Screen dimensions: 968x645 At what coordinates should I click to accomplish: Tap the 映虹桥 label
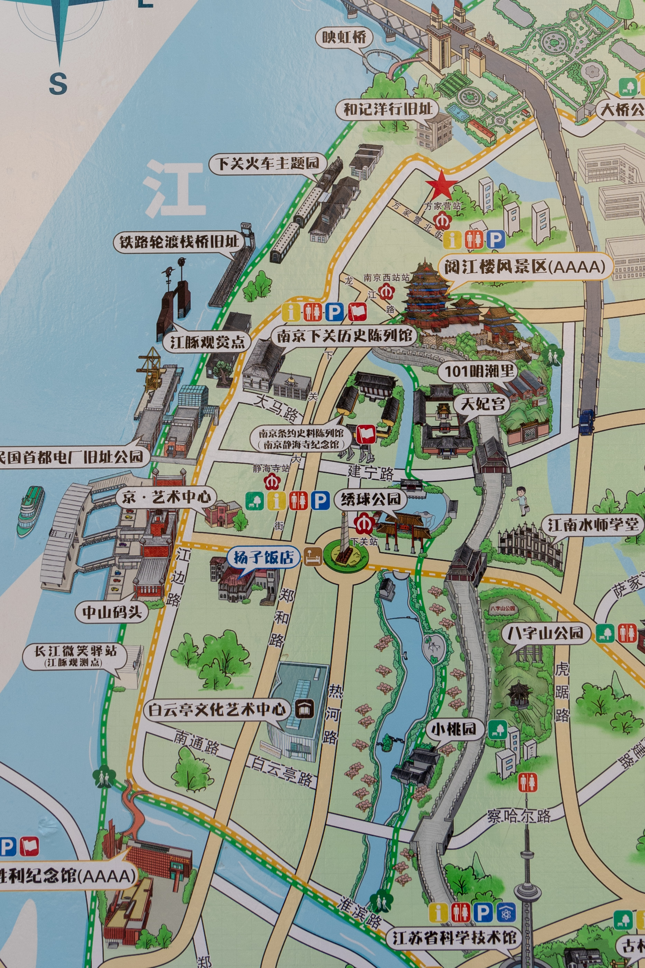tap(344, 37)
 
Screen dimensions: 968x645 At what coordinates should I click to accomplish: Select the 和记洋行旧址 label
tap(388, 109)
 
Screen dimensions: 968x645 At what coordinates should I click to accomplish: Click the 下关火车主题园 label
tap(268, 163)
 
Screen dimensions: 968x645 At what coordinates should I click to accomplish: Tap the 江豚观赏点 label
tap(208, 342)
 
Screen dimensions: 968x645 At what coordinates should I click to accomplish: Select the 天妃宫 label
tap(482, 403)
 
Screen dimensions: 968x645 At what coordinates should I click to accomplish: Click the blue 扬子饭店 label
tap(264, 558)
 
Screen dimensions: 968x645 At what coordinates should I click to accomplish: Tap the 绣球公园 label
tap(371, 499)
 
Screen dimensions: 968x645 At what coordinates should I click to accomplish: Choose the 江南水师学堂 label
tap(592, 525)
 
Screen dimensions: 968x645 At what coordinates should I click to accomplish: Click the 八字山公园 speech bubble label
tap(545, 632)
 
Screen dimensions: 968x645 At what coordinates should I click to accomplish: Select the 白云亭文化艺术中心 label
tap(217, 709)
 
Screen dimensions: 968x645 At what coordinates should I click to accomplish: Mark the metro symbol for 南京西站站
tap(386, 293)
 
